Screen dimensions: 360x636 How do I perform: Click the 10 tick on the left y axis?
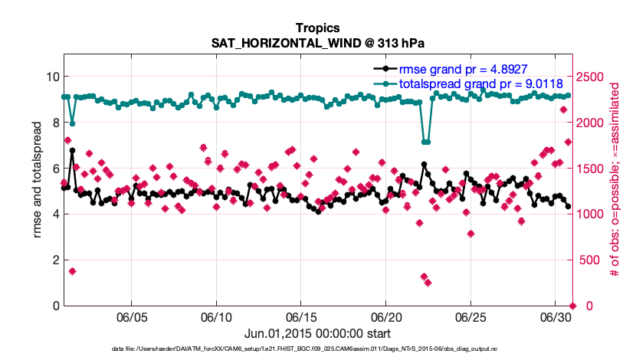pos(51,77)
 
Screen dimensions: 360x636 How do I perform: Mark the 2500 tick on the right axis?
pos(595,77)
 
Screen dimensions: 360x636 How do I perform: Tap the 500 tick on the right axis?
pos(592,260)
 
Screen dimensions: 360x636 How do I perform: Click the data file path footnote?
pos(318,349)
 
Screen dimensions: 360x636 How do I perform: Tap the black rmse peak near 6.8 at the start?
pos(72,151)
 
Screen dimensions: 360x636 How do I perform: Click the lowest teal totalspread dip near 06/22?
pos(425,142)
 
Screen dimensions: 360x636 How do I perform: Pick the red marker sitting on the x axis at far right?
pos(572,306)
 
